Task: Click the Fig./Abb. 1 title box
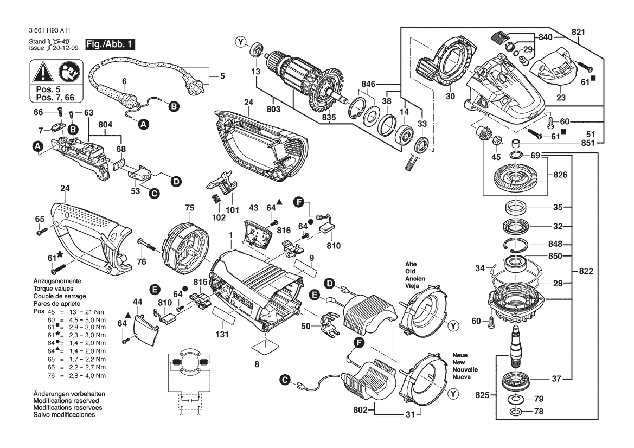coord(110,44)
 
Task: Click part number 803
coord(273,109)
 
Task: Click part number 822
coord(586,271)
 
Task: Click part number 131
coord(222,335)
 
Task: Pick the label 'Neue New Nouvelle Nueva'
coord(465,366)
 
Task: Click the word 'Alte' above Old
coord(411,264)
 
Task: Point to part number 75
coord(190,208)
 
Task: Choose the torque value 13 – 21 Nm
coord(87,312)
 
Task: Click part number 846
coord(368,84)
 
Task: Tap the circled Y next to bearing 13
coord(241,42)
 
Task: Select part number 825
coord(482,395)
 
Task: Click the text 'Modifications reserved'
coord(66,401)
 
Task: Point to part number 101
coord(233,210)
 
